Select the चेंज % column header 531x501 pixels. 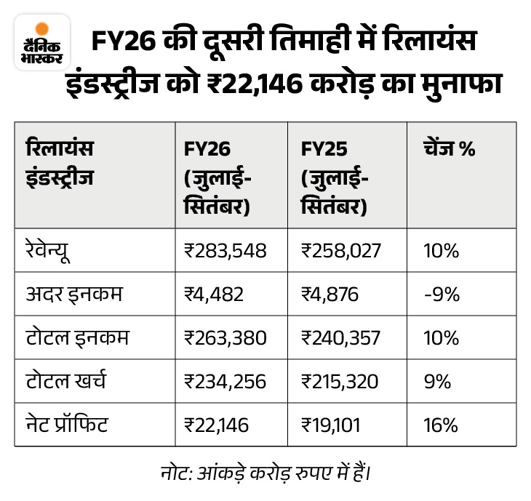[x=449, y=149]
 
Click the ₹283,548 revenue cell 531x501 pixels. [x=225, y=251]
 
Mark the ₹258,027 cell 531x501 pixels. [x=342, y=251]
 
